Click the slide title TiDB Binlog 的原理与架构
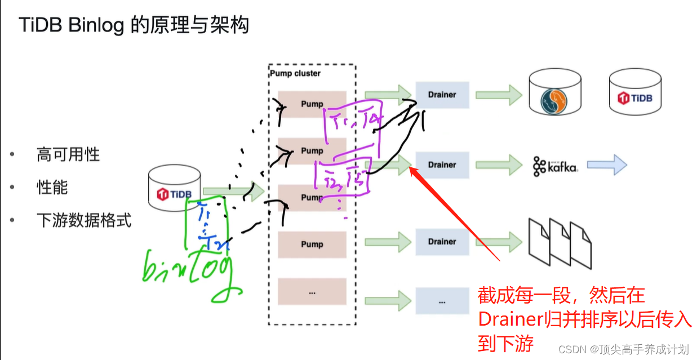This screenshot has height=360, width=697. click(x=134, y=25)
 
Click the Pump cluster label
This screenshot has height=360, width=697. click(x=295, y=74)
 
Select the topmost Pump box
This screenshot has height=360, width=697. click(x=312, y=104)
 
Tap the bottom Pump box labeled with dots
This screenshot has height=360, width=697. click(x=312, y=292)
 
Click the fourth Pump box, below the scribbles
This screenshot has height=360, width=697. click(x=312, y=245)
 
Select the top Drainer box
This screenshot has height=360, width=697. click(x=442, y=95)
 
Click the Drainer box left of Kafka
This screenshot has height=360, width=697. click(x=442, y=165)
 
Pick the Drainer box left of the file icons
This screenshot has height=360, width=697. click(x=442, y=242)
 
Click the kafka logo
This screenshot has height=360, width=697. click(x=555, y=166)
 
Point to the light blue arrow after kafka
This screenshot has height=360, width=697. click(x=606, y=166)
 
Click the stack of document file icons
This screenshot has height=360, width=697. click(x=560, y=242)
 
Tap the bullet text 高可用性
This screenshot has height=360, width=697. click(x=68, y=154)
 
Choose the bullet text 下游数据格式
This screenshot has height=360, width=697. click(x=83, y=220)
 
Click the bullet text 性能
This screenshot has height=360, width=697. click(x=52, y=188)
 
